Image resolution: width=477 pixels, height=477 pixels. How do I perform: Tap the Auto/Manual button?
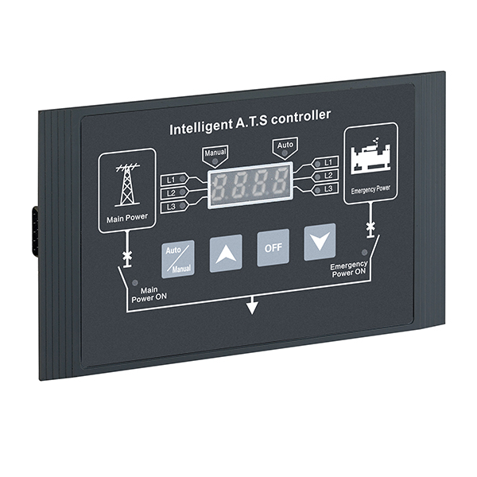(178, 258)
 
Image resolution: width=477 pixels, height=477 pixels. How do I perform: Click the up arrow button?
(226, 254)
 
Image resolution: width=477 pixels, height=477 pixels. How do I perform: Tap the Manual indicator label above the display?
(215, 152)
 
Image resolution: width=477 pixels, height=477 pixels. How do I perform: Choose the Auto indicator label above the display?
(284, 146)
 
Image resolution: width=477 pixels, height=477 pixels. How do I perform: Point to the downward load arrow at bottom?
(252, 304)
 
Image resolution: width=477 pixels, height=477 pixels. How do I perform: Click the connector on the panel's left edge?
(35, 231)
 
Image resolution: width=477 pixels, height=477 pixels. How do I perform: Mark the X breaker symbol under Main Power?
(126, 258)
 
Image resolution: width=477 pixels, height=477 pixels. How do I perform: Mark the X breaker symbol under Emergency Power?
(370, 229)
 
